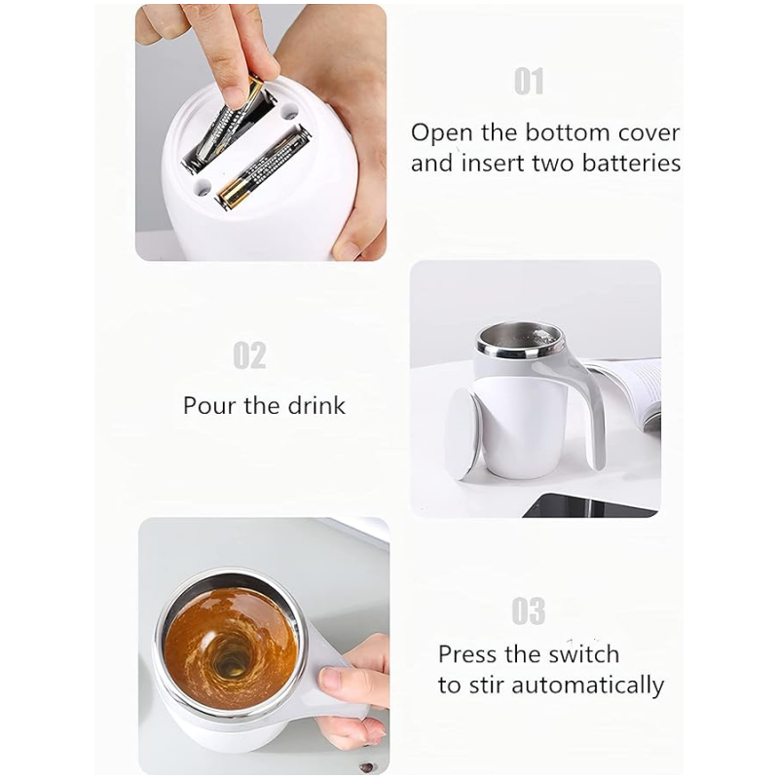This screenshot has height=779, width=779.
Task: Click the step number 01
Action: [529, 82]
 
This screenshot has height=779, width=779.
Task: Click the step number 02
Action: [249, 355]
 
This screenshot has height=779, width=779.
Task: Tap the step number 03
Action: [529, 612]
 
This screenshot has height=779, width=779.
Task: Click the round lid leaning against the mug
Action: [464, 433]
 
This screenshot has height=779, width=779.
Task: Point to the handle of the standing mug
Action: [588, 399]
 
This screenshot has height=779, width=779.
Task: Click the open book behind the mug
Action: [633, 385]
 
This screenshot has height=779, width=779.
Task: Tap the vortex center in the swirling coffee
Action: [231, 659]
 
